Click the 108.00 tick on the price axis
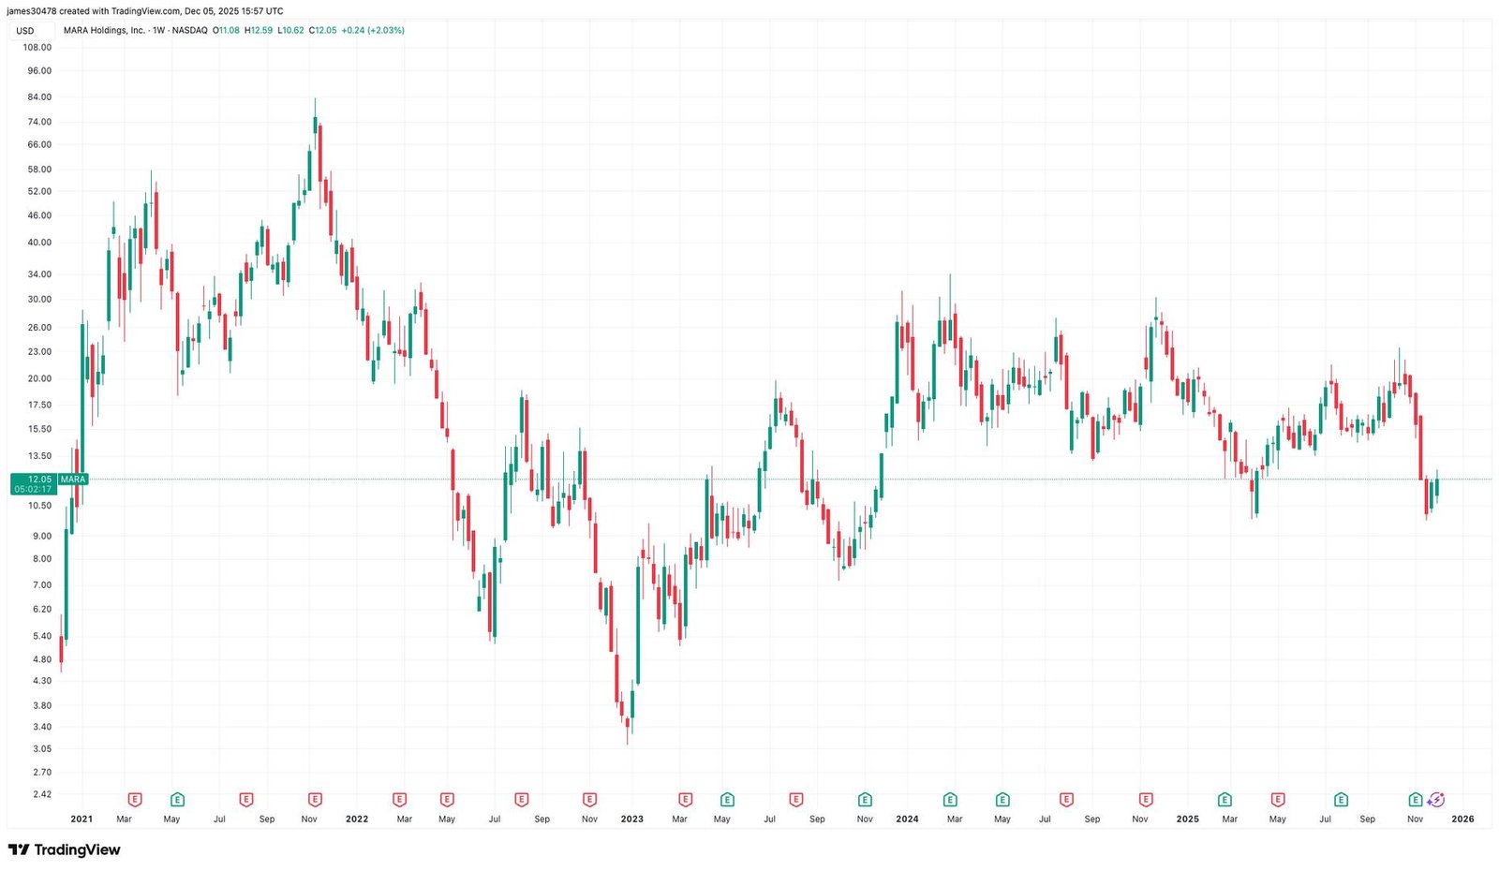click(38, 46)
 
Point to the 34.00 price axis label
click(38, 274)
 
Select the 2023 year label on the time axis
click(632, 819)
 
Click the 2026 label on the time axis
click(1462, 819)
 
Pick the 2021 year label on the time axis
click(82, 819)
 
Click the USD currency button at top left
click(25, 31)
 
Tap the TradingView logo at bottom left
click(64, 850)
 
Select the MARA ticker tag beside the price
click(72, 480)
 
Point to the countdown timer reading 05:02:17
click(33, 489)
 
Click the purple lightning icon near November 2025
click(1436, 800)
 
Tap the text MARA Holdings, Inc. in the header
click(104, 30)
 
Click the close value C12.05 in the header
click(324, 30)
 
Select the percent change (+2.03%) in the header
click(385, 30)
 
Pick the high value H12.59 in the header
click(259, 30)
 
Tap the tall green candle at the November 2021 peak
click(315, 125)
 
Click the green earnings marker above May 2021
click(177, 800)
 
